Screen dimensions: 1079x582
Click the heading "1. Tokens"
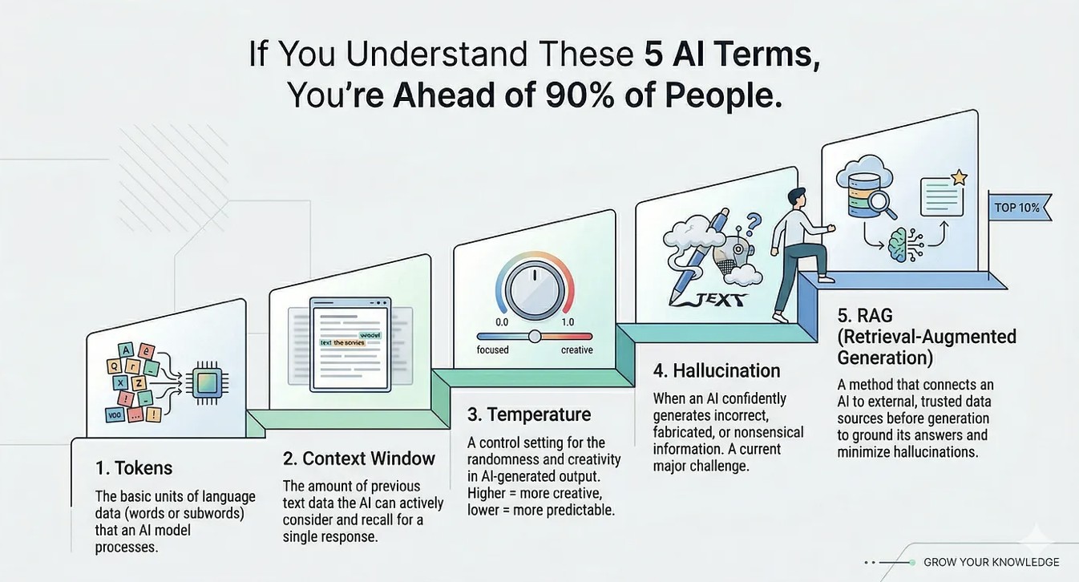tap(133, 468)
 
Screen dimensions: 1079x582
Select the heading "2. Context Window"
tap(359, 459)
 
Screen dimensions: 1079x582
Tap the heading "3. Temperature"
tap(529, 414)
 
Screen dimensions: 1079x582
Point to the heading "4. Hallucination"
tap(717, 371)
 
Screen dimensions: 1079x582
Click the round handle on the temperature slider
tap(534, 336)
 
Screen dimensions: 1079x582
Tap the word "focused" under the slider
tap(492, 350)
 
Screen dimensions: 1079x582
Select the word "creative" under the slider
tap(576, 350)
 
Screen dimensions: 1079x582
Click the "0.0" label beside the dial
tap(502, 322)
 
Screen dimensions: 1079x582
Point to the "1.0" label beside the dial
tap(568, 322)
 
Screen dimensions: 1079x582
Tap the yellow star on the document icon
tap(959, 177)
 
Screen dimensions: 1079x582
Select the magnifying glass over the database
tap(883, 205)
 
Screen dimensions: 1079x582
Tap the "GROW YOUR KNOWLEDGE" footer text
tap(992, 562)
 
